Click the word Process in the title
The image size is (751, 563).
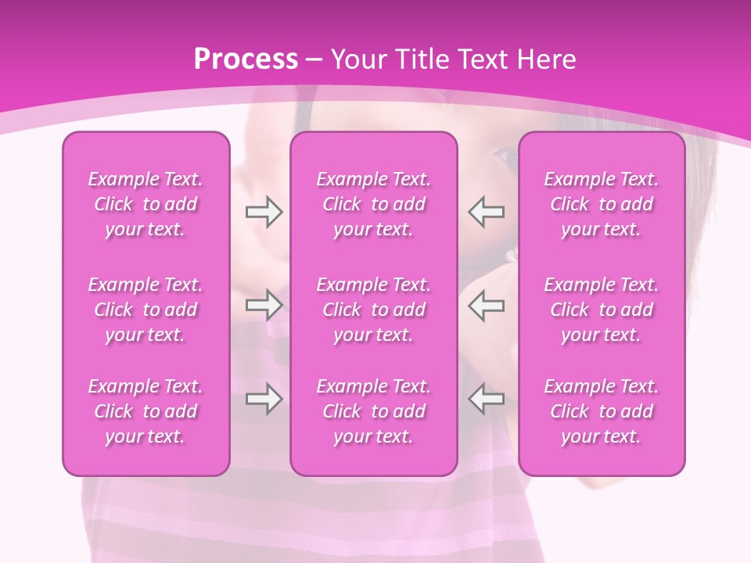point(246,59)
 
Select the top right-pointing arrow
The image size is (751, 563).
point(264,212)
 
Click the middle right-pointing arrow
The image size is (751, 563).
point(264,305)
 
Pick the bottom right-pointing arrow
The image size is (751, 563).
point(264,399)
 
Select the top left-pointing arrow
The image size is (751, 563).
point(487,212)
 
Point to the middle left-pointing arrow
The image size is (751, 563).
point(487,305)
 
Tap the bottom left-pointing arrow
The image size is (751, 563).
point(487,399)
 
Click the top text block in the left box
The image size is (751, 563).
point(146,204)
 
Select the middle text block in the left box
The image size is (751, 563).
point(146,310)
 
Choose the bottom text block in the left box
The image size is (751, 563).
point(146,411)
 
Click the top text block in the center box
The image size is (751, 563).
point(374,204)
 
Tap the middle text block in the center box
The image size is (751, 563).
point(374,310)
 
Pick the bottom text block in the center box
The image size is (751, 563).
point(374,411)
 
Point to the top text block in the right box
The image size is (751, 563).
point(602,204)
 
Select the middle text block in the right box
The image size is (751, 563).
point(602,310)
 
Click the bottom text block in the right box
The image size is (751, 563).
point(602,411)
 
